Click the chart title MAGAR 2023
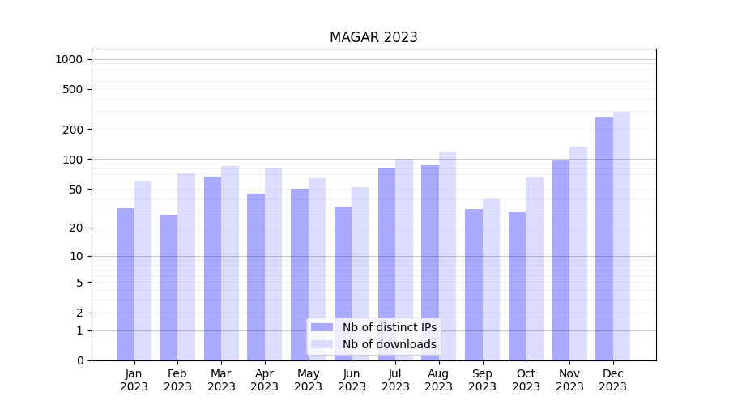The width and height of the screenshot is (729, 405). (373, 37)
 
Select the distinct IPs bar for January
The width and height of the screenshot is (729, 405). (126, 283)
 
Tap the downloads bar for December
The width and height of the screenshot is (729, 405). (621, 236)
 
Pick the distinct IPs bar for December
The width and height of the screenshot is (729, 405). (604, 239)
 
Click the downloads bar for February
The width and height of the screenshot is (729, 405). (186, 266)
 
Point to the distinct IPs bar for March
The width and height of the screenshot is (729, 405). (212, 268)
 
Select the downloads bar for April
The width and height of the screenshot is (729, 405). (273, 264)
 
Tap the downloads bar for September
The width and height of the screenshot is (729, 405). (491, 279)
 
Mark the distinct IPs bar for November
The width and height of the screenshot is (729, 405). (561, 260)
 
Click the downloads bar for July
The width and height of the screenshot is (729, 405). (404, 259)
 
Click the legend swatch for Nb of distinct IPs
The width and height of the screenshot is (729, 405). (322, 327)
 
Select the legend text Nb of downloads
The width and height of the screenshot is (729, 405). (389, 344)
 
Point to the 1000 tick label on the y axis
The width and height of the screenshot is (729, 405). (69, 59)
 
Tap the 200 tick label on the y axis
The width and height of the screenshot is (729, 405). (72, 130)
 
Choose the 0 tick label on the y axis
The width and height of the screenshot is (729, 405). (79, 360)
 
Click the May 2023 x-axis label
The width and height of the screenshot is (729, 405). (308, 380)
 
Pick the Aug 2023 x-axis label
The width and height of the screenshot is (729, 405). (439, 380)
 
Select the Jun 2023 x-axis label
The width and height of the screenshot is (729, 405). (352, 380)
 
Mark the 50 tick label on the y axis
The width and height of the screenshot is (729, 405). (75, 190)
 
